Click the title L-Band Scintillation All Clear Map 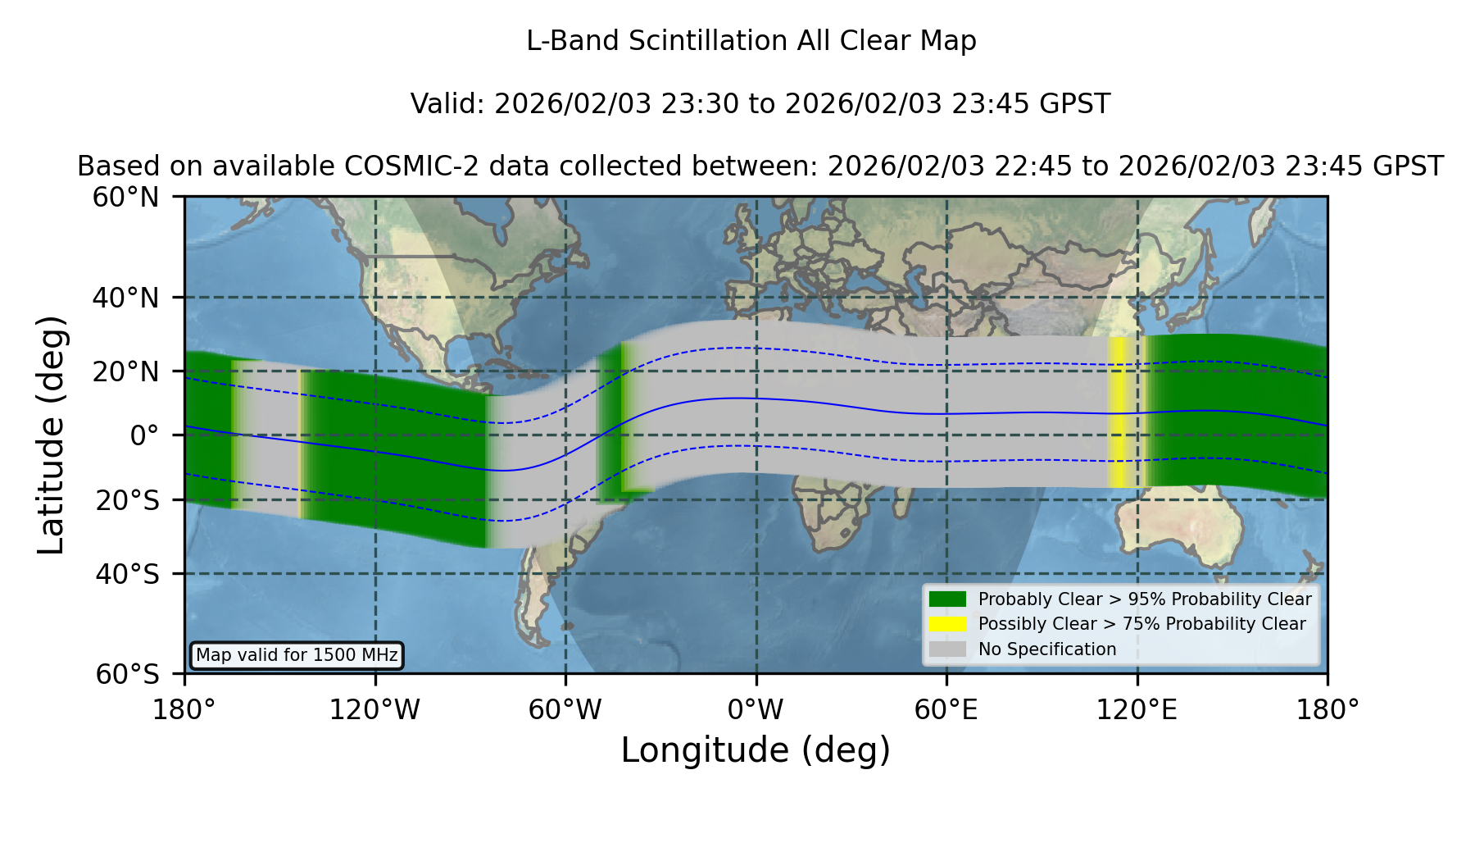pyautogui.click(x=751, y=41)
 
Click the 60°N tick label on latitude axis pyautogui.click(x=126, y=198)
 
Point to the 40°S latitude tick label pyautogui.click(x=127, y=574)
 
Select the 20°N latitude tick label pyautogui.click(x=126, y=371)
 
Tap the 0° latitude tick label pyautogui.click(x=144, y=435)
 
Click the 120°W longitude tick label pyautogui.click(x=374, y=709)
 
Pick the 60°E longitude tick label pyautogui.click(x=946, y=709)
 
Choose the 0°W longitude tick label pyautogui.click(x=756, y=709)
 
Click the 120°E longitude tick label pyautogui.click(x=1137, y=709)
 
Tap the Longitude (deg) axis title pyautogui.click(x=756, y=750)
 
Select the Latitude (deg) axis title pyautogui.click(x=51, y=435)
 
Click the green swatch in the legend pyautogui.click(x=948, y=599)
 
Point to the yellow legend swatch pyautogui.click(x=948, y=624)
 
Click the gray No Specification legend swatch pyautogui.click(x=948, y=649)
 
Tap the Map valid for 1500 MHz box pyautogui.click(x=297, y=655)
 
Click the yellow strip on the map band pyautogui.click(x=1121, y=412)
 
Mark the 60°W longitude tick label pyautogui.click(x=565, y=709)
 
